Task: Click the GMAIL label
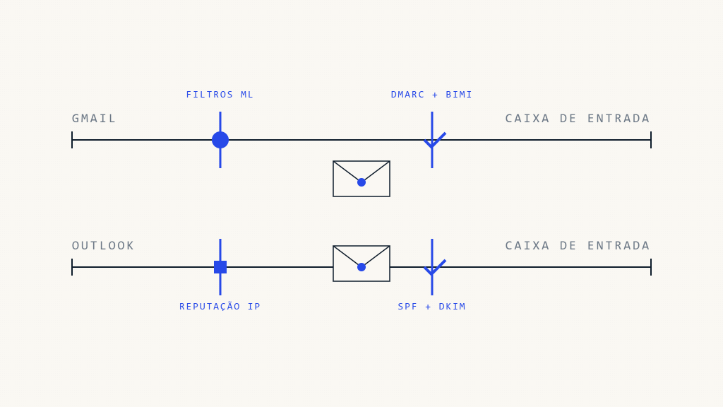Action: coord(94,119)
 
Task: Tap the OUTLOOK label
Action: coord(103,246)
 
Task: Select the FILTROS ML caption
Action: coord(220,95)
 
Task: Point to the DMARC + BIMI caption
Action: coord(432,95)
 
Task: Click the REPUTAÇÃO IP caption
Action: coord(220,307)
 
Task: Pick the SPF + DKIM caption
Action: coord(432,307)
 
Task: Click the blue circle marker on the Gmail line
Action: coord(220,140)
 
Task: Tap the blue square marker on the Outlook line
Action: coord(220,267)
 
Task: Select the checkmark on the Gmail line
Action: coord(434,140)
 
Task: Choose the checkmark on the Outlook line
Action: coord(434,267)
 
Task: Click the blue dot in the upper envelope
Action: coord(361,182)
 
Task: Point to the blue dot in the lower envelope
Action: coord(361,267)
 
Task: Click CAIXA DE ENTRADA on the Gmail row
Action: coord(578,119)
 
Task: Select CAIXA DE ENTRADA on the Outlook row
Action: coord(578,246)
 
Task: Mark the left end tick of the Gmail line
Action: coord(72,140)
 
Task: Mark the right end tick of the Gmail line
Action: coord(651,140)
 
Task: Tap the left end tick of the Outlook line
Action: coord(72,267)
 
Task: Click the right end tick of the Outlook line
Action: coord(651,267)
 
